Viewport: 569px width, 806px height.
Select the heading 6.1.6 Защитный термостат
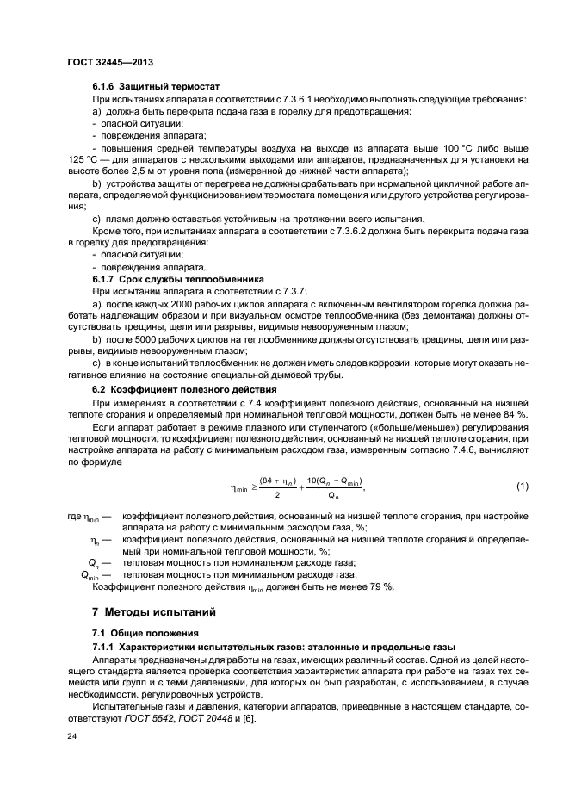(x=156, y=87)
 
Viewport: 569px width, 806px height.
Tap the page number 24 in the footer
(x=72, y=736)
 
